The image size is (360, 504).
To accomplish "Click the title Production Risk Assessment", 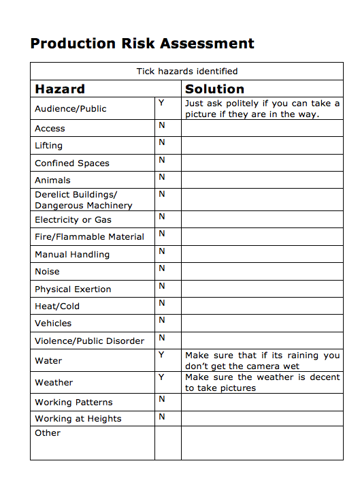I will tap(142, 44).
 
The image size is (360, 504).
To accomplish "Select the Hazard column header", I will tap(60, 89).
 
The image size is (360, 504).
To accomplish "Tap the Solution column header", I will tap(214, 89).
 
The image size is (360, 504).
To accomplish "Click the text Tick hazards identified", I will tap(187, 71).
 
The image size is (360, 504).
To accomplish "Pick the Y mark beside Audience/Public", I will tap(161, 103).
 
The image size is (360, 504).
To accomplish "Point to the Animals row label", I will tap(52, 180).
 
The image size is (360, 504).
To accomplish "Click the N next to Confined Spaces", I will tap(161, 160).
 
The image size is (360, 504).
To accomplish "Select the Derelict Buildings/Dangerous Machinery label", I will tap(83, 200).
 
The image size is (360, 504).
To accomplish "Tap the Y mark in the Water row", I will tap(161, 355).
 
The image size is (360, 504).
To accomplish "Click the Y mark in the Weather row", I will tap(161, 377).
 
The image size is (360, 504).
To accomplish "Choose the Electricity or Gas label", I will tap(73, 220).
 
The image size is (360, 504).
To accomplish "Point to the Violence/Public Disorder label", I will tap(89, 341).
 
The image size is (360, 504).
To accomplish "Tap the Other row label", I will tap(48, 433).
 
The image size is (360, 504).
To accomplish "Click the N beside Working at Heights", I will tap(161, 416).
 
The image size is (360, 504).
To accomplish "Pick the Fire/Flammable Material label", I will tap(89, 237).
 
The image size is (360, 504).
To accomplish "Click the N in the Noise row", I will tap(161, 268).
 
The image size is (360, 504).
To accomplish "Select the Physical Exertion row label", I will tap(73, 289).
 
